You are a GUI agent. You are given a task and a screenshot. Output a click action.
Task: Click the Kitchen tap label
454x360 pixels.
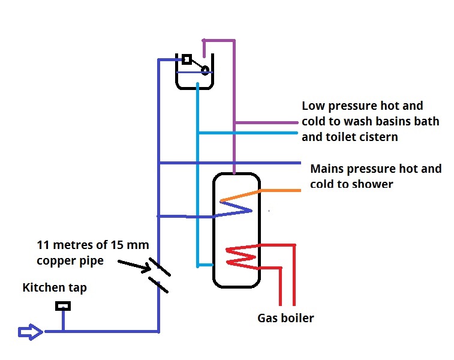coord(55,288)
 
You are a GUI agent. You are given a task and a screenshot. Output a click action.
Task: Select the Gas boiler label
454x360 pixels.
coord(285,318)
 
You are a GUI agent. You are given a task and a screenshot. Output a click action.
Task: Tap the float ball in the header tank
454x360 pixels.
coord(205,70)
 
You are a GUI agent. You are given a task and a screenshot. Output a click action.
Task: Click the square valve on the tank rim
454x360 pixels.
coord(187,59)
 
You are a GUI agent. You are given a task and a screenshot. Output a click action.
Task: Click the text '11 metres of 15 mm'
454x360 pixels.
coord(92,245)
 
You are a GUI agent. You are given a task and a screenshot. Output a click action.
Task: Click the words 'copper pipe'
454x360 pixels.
coord(70,262)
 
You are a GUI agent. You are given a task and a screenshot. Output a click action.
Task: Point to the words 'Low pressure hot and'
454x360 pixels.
coord(362,106)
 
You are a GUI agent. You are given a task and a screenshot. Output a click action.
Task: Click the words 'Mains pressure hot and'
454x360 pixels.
coord(375,169)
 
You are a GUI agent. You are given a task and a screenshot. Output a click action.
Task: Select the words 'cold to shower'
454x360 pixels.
coord(351,184)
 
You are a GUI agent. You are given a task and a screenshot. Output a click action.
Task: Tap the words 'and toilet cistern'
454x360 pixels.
coord(350,137)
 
